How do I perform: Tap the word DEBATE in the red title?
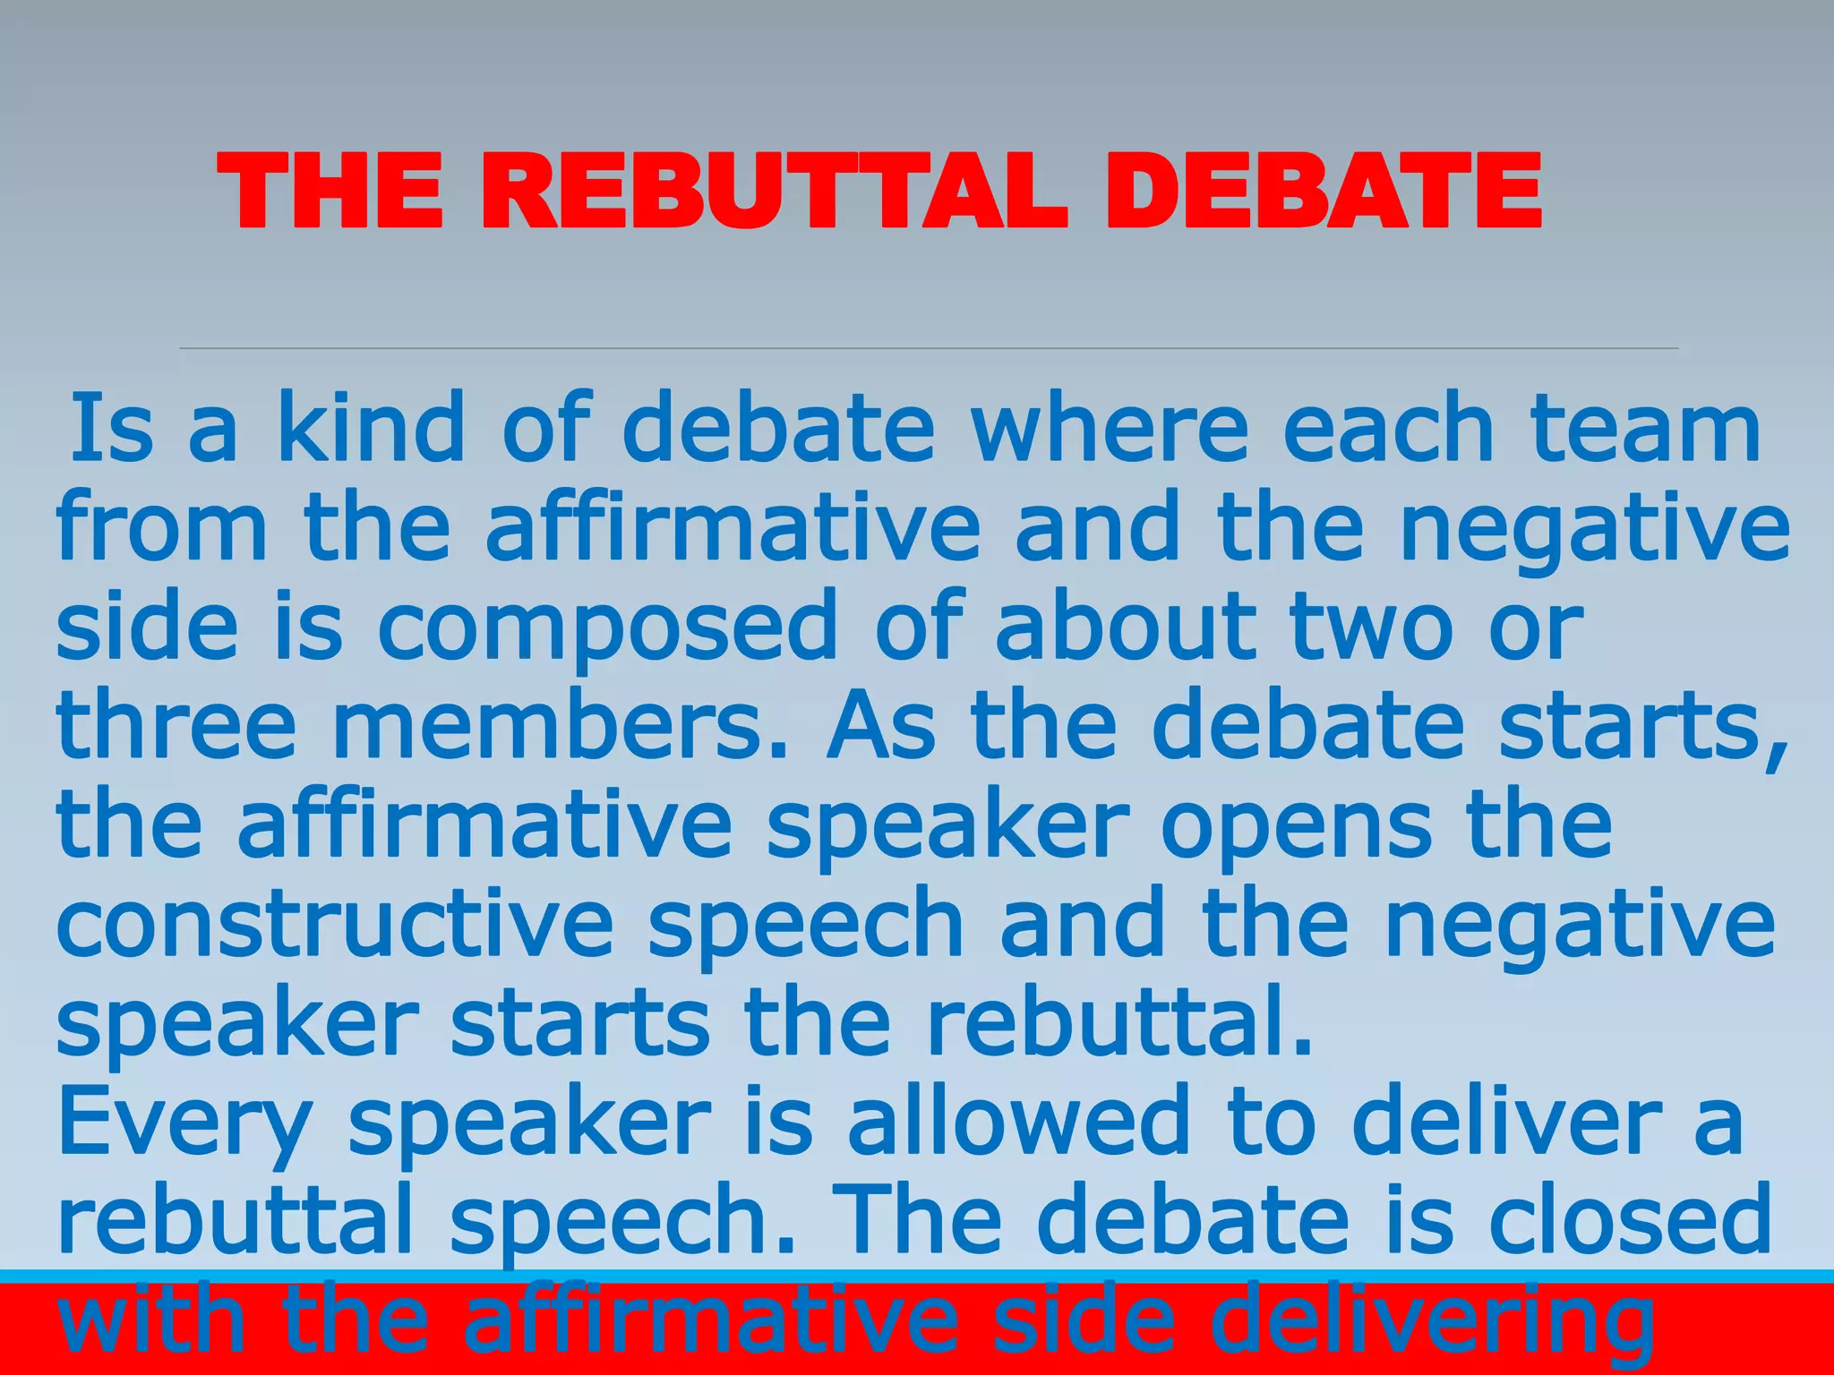click(1323, 191)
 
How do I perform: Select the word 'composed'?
click(607, 628)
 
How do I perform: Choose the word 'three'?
click(176, 727)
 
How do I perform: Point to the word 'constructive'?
click(334, 924)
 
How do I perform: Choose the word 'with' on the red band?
click(152, 1319)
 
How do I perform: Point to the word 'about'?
click(1126, 628)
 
